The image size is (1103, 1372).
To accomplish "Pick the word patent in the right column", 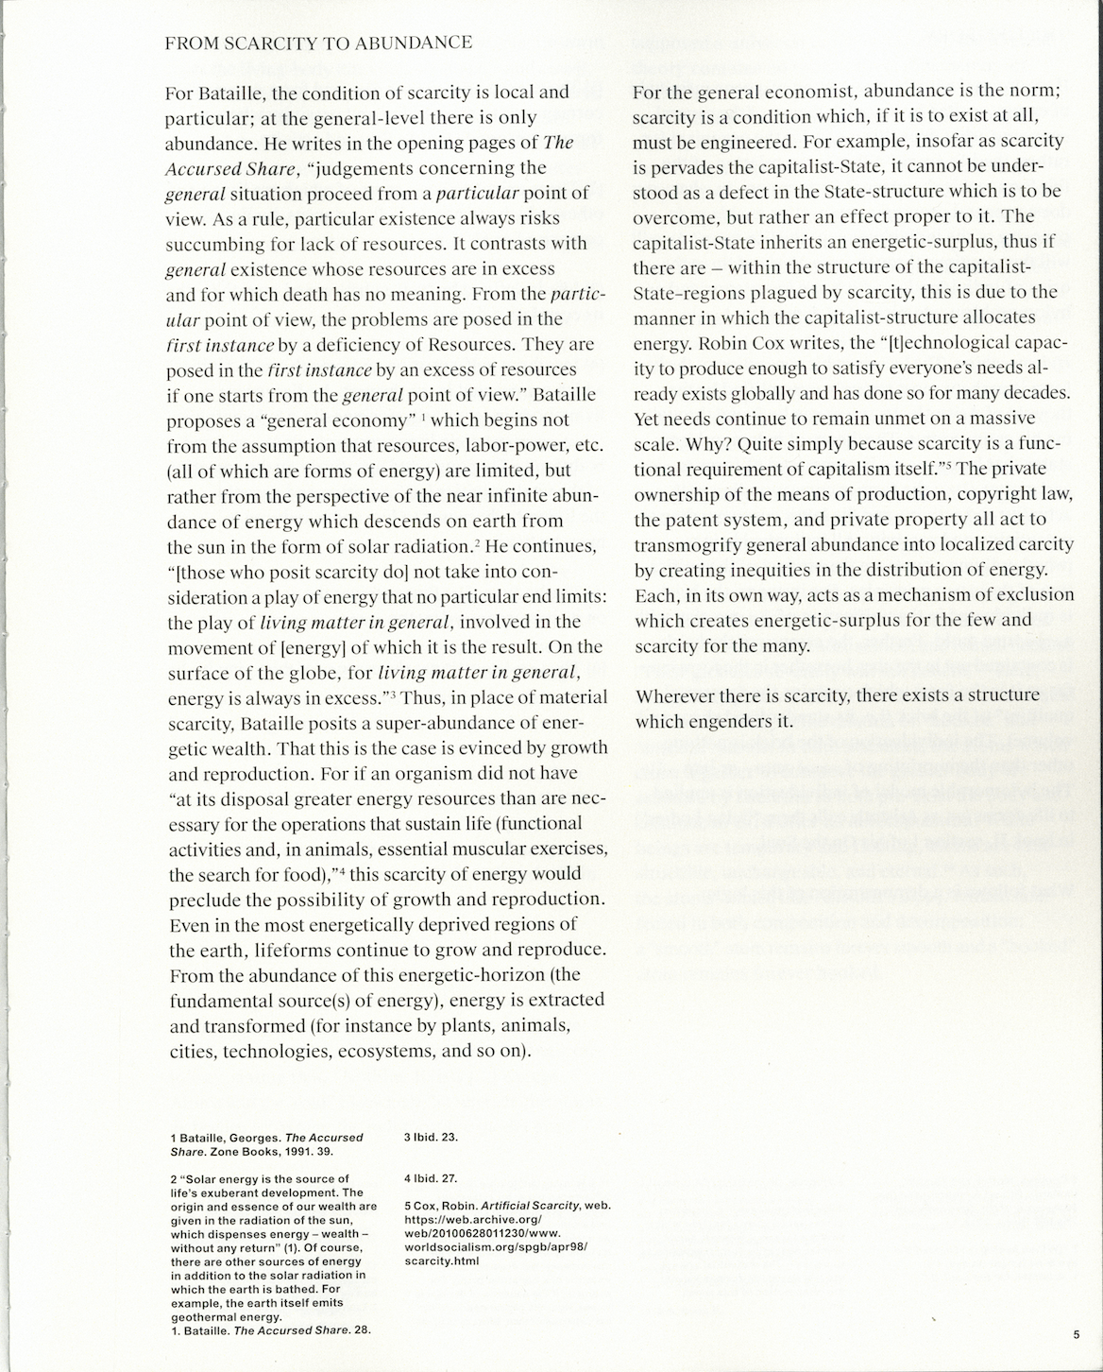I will tap(696, 520).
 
